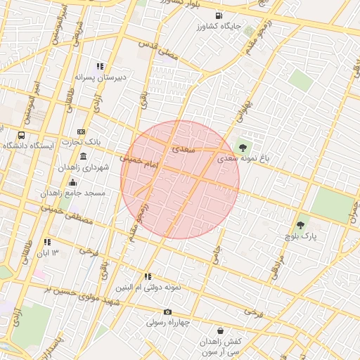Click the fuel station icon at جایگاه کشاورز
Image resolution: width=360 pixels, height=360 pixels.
point(221,15)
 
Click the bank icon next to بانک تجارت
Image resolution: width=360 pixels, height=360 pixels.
point(81,132)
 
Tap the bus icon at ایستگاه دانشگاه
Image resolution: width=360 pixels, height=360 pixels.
point(21,135)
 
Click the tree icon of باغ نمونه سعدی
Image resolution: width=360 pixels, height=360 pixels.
point(243,147)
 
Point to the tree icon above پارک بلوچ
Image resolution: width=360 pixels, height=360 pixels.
point(301,225)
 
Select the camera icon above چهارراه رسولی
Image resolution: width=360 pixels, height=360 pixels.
point(167,311)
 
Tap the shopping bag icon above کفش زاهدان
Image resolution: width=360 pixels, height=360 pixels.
point(221,330)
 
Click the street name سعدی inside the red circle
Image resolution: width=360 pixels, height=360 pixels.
point(180,149)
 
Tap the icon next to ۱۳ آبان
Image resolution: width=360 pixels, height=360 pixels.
point(47,242)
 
